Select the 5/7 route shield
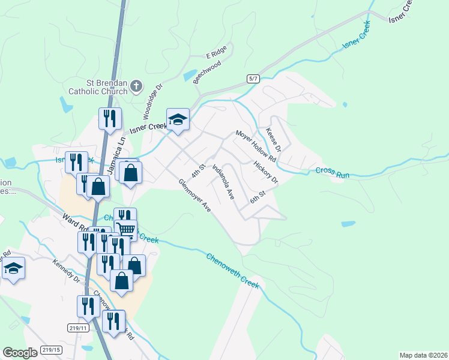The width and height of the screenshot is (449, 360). [x=253, y=79]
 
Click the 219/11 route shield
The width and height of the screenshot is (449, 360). [x=78, y=328]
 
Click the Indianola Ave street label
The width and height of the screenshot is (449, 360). [x=222, y=183]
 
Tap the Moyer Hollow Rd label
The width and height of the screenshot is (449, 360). [x=255, y=146]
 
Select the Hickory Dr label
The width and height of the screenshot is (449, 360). [x=266, y=172]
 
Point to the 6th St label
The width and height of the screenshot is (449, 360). [x=258, y=196]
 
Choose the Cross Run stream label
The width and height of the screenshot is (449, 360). [x=333, y=172]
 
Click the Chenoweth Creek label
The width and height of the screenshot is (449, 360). [x=233, y=271]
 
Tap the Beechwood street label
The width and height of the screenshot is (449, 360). [x=207, y=72]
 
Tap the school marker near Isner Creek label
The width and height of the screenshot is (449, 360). [x=178, y=120]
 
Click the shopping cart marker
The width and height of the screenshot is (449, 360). [x=125, y=229]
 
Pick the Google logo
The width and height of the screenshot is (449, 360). [x=20, y=352]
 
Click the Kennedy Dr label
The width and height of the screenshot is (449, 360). [x=66, y=271]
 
